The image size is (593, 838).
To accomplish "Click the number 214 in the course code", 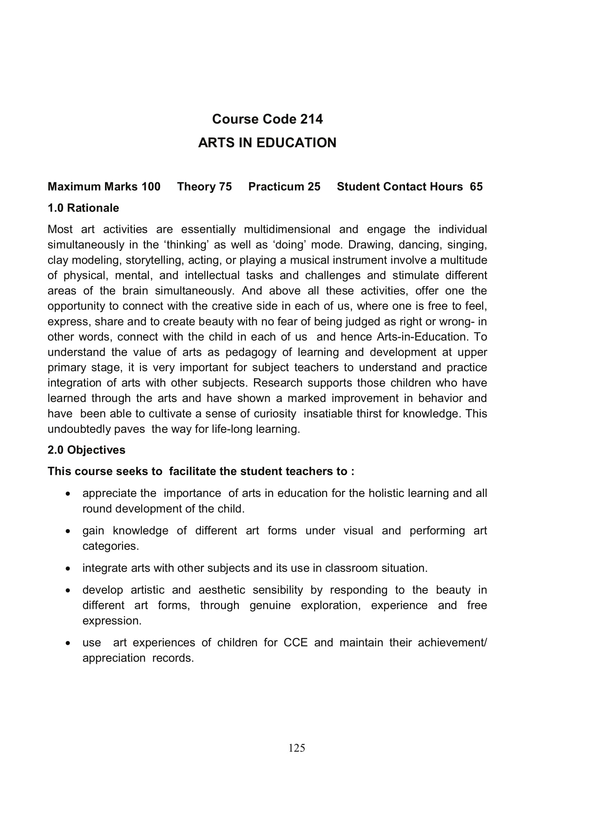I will [311, 119].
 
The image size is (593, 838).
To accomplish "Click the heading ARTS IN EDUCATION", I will [267, 143].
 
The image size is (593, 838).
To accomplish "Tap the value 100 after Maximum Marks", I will [151, 187].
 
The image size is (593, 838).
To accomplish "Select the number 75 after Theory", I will [225, 187].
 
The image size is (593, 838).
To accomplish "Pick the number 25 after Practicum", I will [314, 187].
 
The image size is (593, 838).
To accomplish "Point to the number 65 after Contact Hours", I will [476, 187].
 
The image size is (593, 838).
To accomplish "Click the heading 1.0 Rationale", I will [83, 208].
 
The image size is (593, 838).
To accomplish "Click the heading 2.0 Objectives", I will [86, 450].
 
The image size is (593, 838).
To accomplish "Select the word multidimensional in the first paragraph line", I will [287, 230].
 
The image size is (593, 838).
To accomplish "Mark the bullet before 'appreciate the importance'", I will [68, 494].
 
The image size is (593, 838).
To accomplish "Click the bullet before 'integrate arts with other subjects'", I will [68, 569].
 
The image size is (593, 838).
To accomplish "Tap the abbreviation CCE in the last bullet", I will [296, 642].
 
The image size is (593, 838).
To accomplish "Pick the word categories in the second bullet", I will [111, 546].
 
